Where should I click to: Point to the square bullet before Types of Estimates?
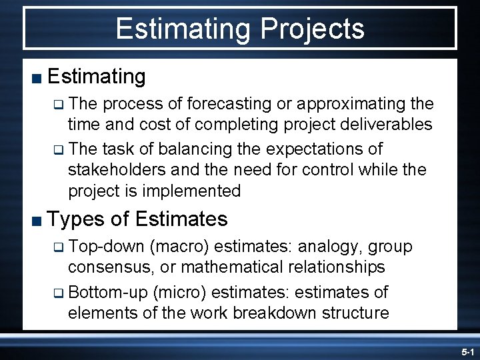point(36,221)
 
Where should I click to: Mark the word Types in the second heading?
point(75,219)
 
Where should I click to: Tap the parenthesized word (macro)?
point(181,247)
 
